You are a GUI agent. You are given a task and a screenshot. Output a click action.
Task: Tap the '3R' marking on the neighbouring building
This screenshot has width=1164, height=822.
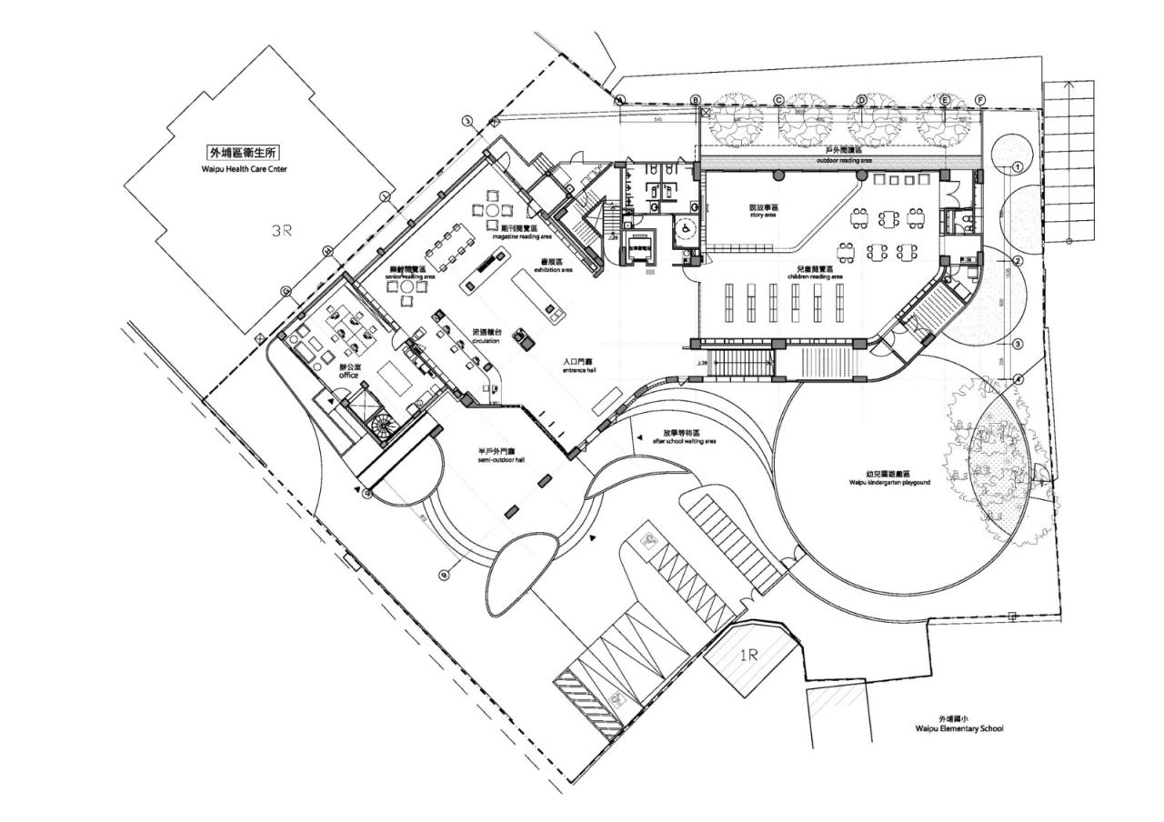tap(283, 231)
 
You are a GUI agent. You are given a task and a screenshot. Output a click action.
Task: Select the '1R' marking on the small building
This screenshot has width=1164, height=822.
tap(748, 655)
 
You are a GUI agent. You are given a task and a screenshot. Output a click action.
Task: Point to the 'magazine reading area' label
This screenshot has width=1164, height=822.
tap(522, 236)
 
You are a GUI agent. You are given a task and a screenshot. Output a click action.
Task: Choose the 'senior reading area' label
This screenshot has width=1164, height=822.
tap(406, 276)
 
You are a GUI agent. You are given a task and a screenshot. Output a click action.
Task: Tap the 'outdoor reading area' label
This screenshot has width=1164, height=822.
tap(843, 160)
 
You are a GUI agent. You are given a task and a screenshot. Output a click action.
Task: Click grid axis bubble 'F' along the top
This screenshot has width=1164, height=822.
tap(980, 99)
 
